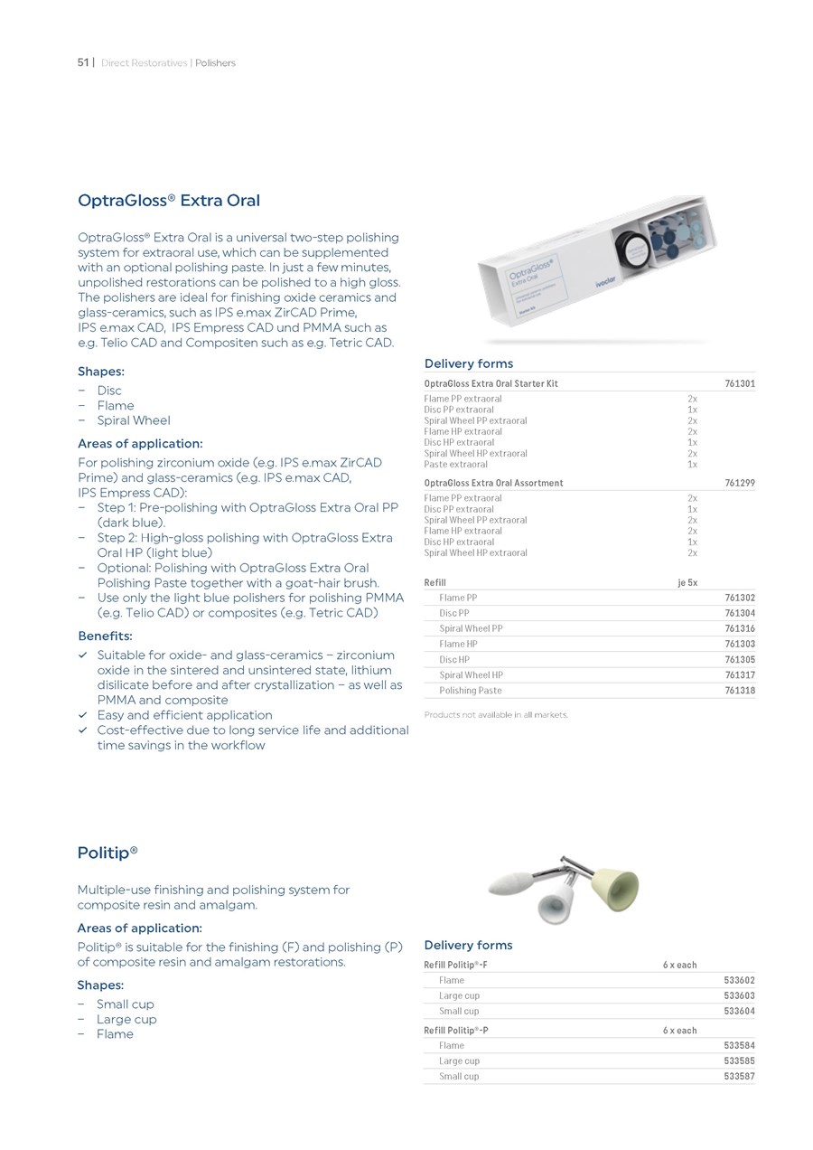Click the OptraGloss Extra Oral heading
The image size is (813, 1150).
point(169,200)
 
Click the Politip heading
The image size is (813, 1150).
point(107,853)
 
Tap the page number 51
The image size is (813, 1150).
point(83,62)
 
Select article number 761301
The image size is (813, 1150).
point(740,383)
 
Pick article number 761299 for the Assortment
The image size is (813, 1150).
point(740,483)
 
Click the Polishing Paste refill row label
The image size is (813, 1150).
point(470,691)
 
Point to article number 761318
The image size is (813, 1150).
point(740,691)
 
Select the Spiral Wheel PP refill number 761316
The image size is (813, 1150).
point(740,628)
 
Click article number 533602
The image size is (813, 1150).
point(740,980)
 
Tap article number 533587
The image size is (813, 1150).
point(740,1077)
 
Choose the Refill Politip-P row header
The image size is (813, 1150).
point(457,1030)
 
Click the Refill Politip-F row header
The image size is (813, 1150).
point(456,965)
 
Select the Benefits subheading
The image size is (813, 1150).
point(105,636)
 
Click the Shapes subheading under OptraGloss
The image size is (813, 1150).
point(101,372)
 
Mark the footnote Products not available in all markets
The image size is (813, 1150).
point(496,715)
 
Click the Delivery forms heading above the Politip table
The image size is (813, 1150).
point(468,945)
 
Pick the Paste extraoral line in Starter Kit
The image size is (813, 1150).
point(456,465)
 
